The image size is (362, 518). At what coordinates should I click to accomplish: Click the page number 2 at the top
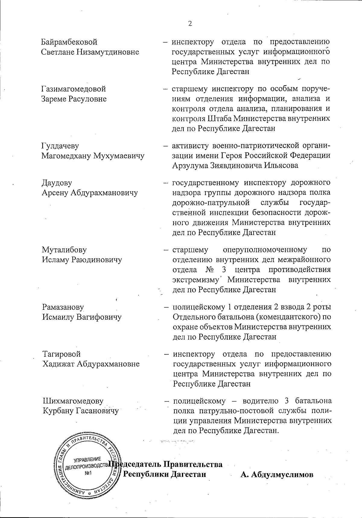tap(190, 24)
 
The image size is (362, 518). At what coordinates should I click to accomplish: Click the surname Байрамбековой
tap(69, 42)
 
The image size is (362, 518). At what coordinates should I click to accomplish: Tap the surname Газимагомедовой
tap(74, 89)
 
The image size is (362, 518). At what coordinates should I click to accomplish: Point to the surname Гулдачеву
tap(60, 146)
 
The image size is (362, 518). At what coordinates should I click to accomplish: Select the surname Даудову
tap(57, 183)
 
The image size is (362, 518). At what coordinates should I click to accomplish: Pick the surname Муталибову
tap(64, 250)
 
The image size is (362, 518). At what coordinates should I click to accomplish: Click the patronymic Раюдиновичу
tap(96, 260)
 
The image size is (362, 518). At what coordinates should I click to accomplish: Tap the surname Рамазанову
tap(63, 307)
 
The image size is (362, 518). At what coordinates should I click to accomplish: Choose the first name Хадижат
tap(59, 364)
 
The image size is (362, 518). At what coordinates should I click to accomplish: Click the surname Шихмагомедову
tap(73, 401)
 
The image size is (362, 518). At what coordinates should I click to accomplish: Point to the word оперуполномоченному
tap(265, 250)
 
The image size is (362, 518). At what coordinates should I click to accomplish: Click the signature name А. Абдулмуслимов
tap(277, 475)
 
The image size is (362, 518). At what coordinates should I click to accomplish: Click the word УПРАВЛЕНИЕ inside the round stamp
tap(88, 460)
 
